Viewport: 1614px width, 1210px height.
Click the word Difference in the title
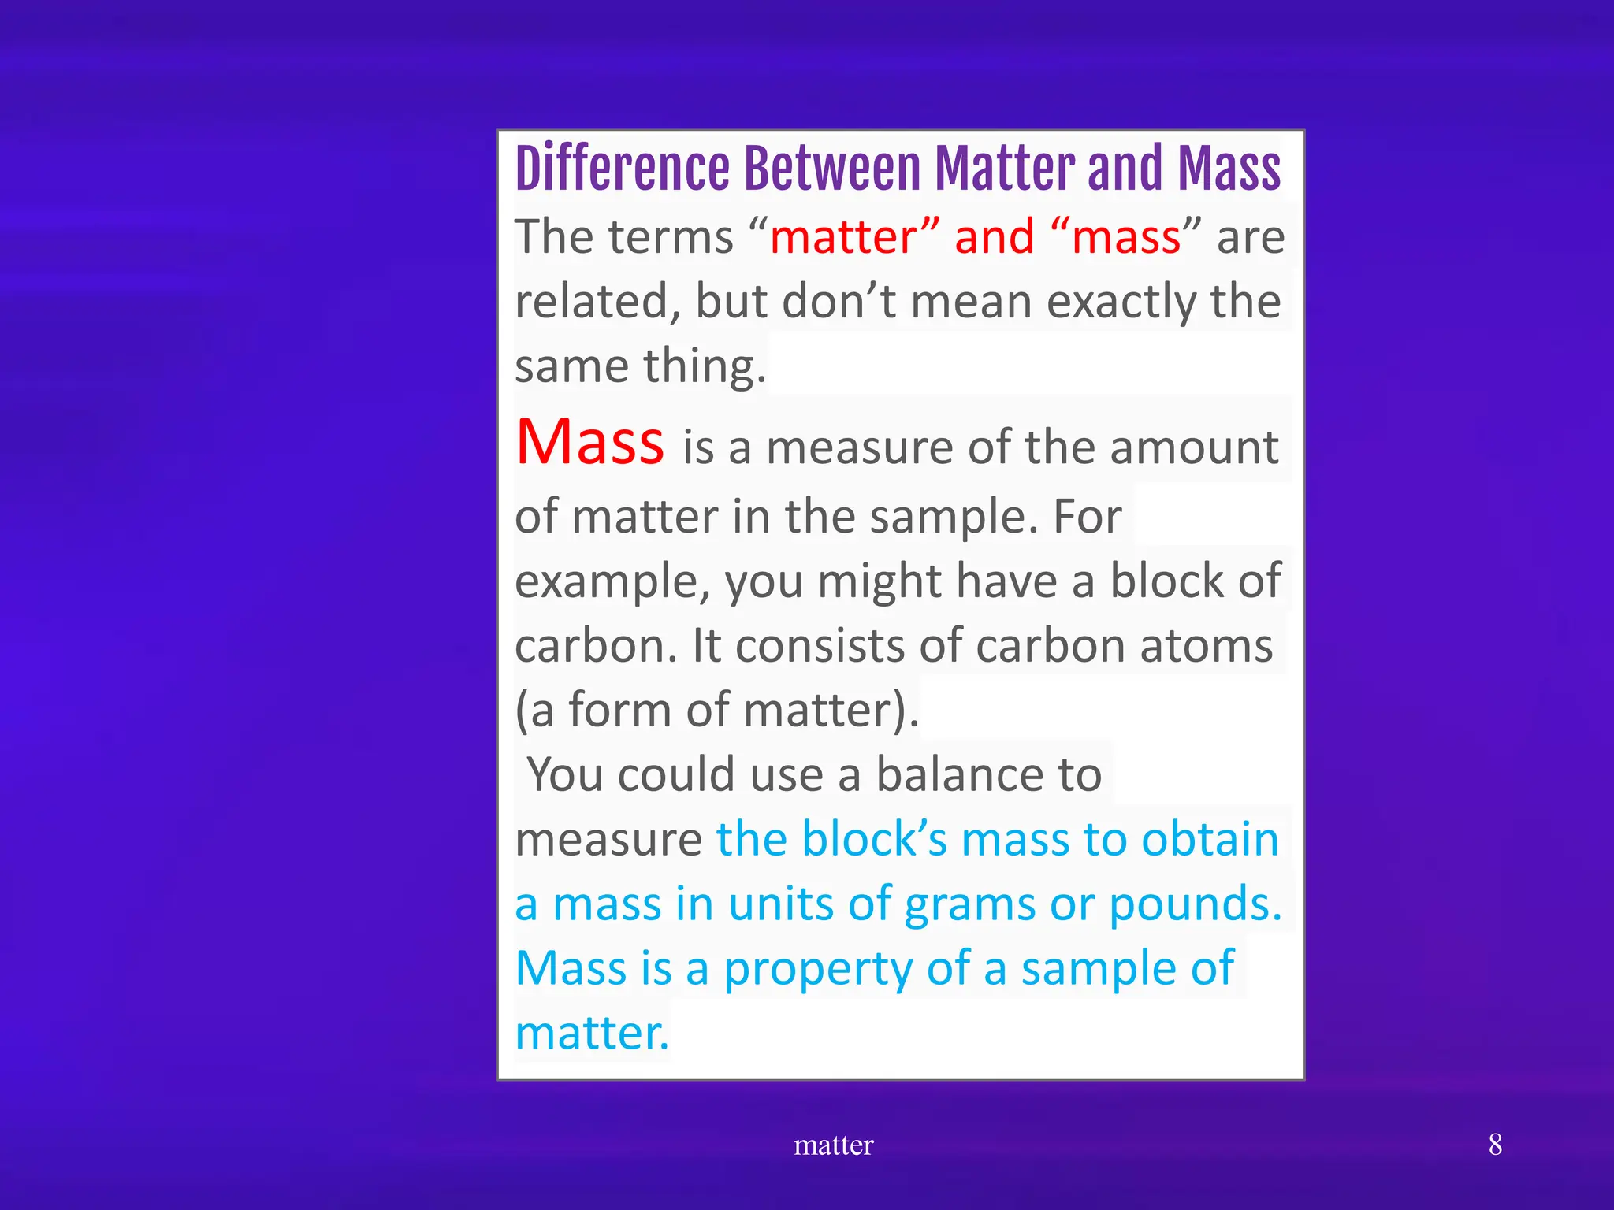(x=622, y=169)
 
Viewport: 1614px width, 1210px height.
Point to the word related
(x=598, y=302)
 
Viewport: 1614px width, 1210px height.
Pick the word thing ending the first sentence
(x=704, y=368)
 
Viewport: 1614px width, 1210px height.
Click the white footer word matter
(x=833, y=1145)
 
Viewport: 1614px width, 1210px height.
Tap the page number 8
(x=1495, y=1145)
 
